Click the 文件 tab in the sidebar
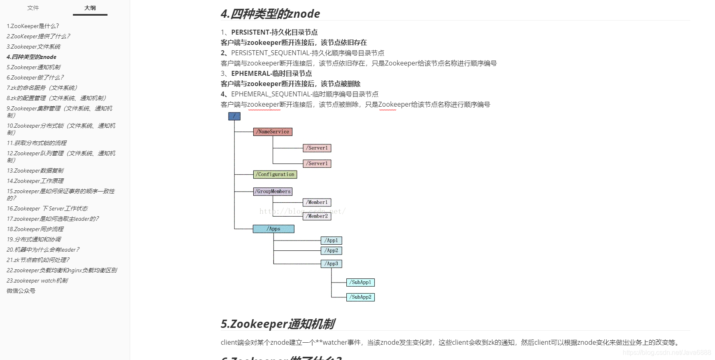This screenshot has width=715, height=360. point(33,8)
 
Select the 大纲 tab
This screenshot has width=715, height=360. point(90,8)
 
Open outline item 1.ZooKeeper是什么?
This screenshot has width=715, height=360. point(33,26)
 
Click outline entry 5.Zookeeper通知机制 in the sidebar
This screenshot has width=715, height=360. point(34,67)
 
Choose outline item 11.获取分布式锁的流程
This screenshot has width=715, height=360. point(37,143)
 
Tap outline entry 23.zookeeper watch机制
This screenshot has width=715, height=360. point(37,281)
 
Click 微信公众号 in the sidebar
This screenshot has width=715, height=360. point(21,291)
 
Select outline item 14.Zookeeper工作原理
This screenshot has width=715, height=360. point(35,181)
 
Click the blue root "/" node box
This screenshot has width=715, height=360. point(234,116)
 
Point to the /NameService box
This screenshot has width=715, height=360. point(273,132)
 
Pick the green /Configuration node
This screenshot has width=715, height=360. point(275,175)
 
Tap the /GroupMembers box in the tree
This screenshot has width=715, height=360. point(273,192)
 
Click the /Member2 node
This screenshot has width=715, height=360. point(317,216)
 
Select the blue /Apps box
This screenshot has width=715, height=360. point(273,229)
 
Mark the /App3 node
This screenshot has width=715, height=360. point(331,264)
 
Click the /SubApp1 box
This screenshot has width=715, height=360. point(360,283)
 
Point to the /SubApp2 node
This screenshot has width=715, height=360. point(360,297)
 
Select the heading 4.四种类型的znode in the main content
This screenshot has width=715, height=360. point(270,14)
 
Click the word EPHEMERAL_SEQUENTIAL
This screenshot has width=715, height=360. point(271,94)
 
